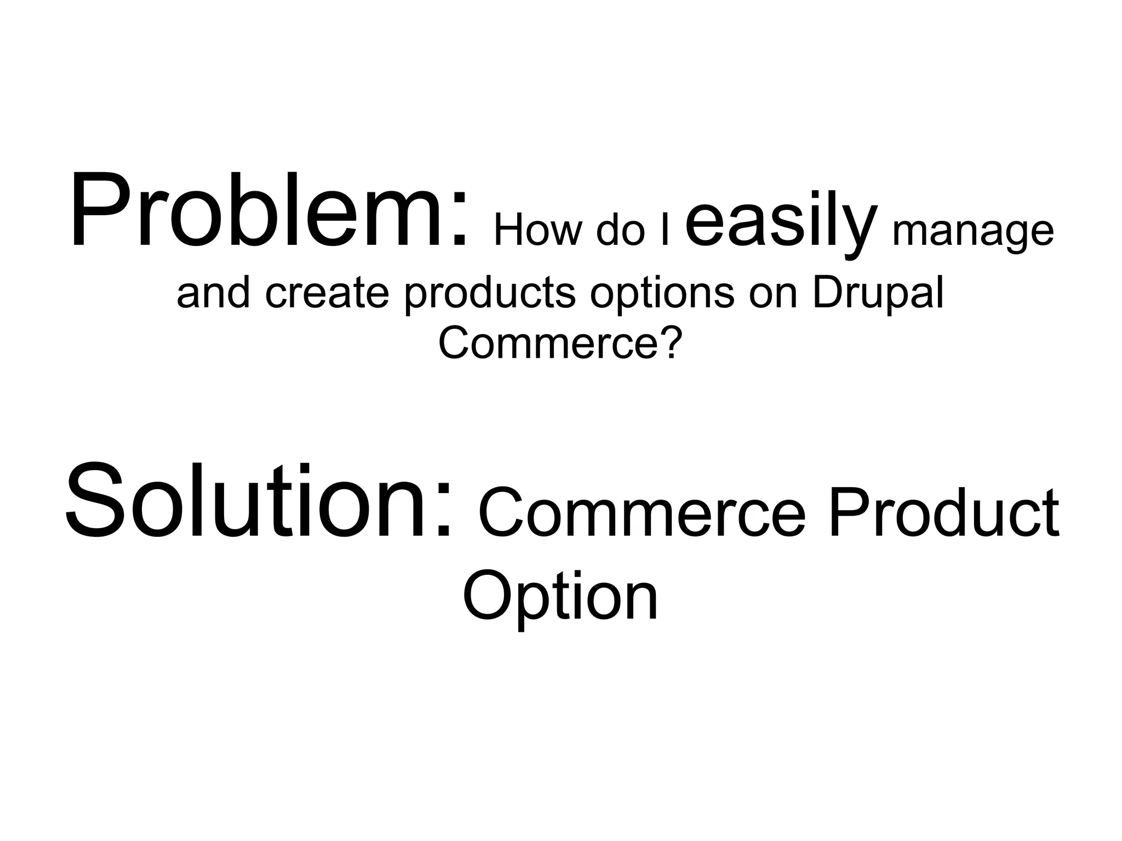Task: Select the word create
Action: (327, 293)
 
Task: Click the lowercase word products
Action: (490, 296)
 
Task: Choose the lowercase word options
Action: (662, 296)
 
